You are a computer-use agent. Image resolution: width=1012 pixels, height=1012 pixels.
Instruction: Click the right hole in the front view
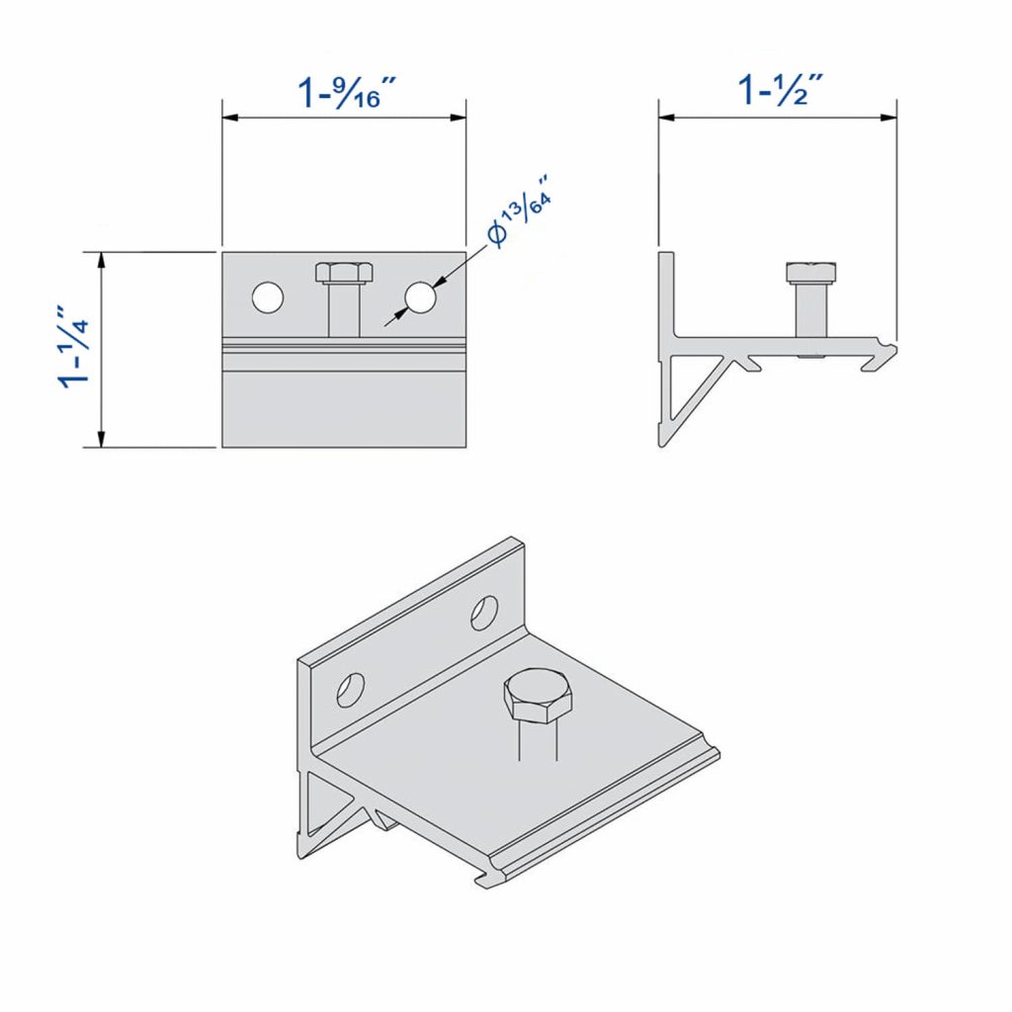pyautogui.click(x=419, y=297)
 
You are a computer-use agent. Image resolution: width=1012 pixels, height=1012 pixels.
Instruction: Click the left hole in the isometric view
pyautogui.click(x=351, y=689)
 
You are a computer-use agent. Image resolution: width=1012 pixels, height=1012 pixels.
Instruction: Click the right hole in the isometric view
pyautogui.click(x=484, y=613)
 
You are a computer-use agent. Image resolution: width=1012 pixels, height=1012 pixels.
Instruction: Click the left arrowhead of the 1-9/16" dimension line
pyautogui.click(x=229, y=118)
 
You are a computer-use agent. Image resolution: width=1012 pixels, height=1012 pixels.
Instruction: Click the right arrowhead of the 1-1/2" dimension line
pyautogui.click(x=889, y=117)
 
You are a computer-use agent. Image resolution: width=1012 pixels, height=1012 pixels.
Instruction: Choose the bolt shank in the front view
pyautogui.click(x=343, y=310)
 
